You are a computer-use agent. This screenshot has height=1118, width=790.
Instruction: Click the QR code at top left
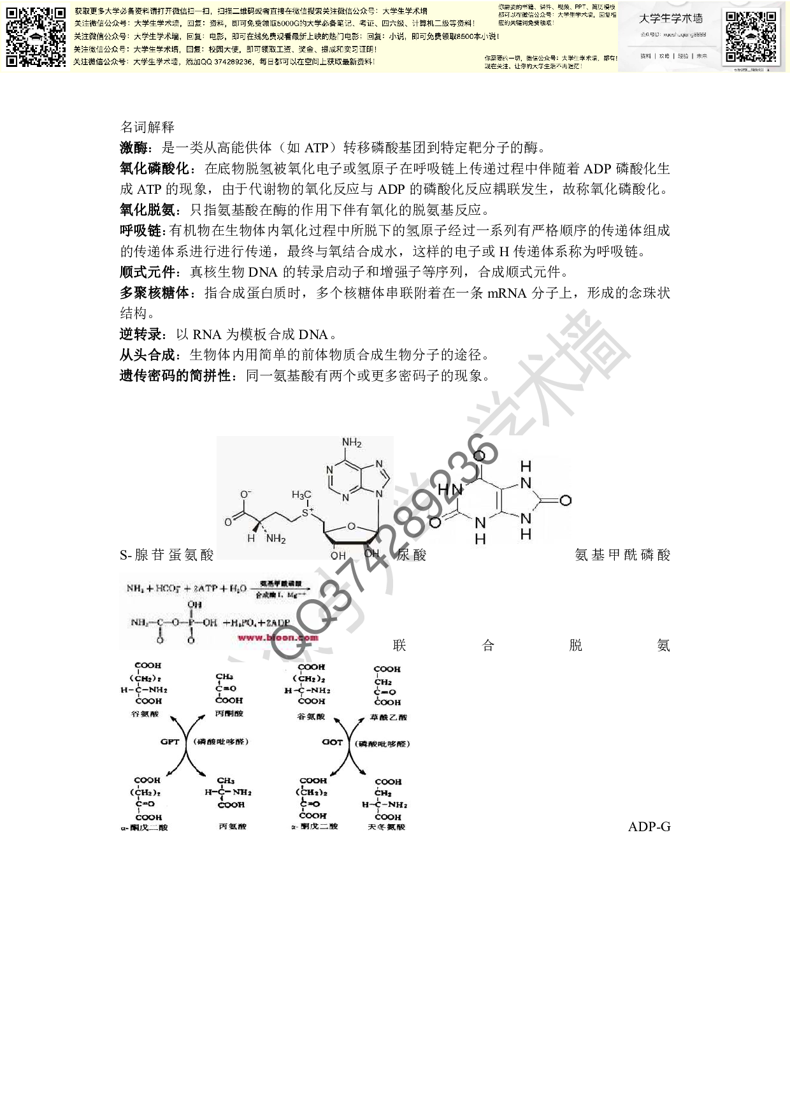36,37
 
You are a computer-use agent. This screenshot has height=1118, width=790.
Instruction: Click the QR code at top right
751,36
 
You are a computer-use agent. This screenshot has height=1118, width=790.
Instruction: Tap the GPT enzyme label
170,742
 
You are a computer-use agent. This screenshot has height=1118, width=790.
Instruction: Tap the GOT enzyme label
332,742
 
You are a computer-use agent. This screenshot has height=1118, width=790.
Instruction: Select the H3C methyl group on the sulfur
301,495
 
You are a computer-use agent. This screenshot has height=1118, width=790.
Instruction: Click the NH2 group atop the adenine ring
352,443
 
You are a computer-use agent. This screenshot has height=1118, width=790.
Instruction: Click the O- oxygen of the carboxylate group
245,494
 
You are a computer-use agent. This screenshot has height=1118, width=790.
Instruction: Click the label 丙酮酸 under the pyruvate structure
229,713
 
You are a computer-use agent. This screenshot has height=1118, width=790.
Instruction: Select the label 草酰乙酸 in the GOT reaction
388,717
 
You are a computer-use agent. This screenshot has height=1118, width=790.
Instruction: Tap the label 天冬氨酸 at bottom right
387,827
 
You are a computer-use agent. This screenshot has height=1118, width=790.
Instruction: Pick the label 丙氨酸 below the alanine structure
232,827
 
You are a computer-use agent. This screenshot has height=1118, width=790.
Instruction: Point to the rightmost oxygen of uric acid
564,501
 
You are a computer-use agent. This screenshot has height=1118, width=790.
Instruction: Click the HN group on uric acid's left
449,489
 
